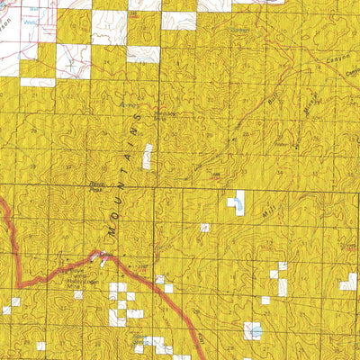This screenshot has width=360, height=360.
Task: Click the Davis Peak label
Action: coord(97,187)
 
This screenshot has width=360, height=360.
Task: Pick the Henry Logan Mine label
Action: coord(78,277)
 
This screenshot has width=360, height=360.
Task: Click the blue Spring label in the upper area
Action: coord(238,30)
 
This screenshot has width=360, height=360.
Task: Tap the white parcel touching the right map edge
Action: coord(348,282)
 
